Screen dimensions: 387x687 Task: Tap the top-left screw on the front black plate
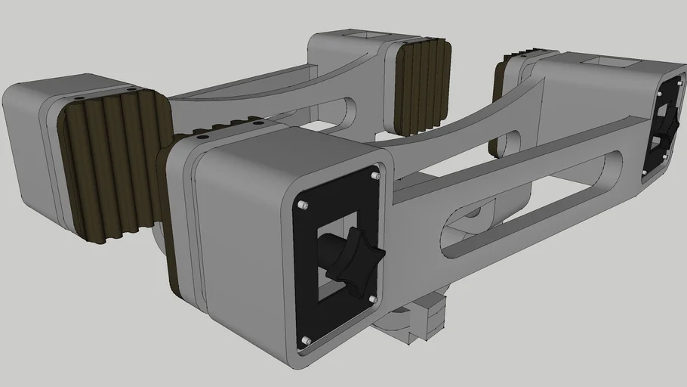click(x=302, y=206)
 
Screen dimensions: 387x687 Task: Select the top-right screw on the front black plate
click(x=375, y=175)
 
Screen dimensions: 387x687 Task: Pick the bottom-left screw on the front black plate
click(x=306, y=340)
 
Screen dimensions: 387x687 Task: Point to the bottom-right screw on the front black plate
click(x=372, y=299)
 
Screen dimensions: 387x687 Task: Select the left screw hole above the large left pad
click(x=79, y=98)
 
